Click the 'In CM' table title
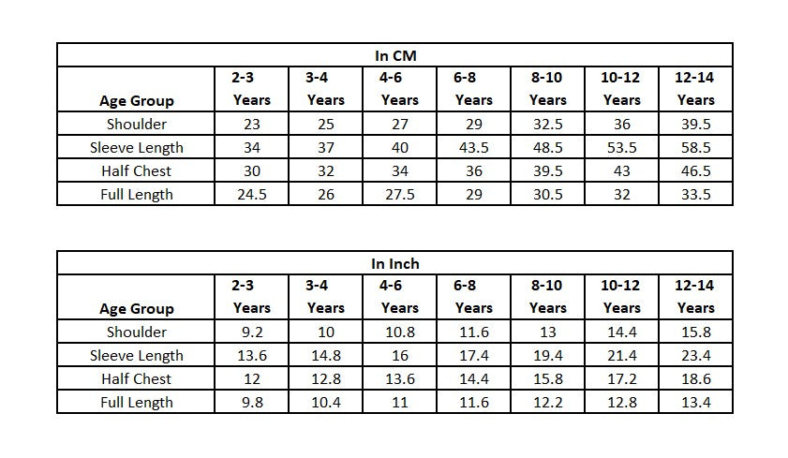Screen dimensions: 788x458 [x=395, y=56]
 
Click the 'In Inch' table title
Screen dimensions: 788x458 [x=395, y=263]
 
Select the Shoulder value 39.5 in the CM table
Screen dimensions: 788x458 [x=695, y=124]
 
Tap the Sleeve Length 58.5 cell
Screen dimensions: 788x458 [x=695, y=148]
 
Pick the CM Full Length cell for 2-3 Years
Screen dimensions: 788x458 [x=252, y=195]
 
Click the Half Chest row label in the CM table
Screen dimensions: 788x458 [x=136, y=171]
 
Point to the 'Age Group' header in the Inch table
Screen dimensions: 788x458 [x=137, y=308]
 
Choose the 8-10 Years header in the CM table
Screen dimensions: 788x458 [x=547, y=88]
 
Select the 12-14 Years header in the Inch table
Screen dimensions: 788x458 [x=695, y=296]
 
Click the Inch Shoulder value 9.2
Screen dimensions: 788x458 [x=252, y=332]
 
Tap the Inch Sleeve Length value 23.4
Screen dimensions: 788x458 [x=695, y=356]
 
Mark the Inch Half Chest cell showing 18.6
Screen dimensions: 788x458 [x=695, y=378]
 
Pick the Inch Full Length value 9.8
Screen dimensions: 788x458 [x=252, y=402]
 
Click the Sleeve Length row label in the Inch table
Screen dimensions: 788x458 [x=136, y=356]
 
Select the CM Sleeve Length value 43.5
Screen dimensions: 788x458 [x=474, y=148]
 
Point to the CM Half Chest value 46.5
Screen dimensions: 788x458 [x=695, y=171]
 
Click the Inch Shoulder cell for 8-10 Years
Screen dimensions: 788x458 [x=548, y=332]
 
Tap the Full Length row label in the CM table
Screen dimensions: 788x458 [x=136, y=195]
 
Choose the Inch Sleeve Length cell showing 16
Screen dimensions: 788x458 [x=400, y=356]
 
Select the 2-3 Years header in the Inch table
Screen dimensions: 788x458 [x=251, y=296]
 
